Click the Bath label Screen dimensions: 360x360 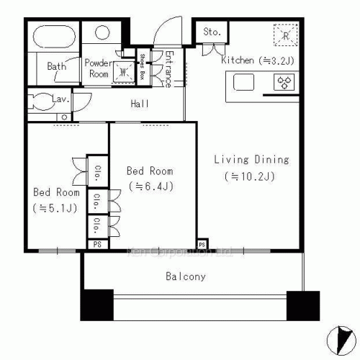tap(57, 67)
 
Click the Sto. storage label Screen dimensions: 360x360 tap(212, 32)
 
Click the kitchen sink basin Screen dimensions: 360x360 tap(242, 83)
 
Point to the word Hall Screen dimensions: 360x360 tap(140, 104)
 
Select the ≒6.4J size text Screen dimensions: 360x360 tap(150, 186)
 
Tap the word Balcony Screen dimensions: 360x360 tap(186, 276)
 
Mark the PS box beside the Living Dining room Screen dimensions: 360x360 tap(202, 244)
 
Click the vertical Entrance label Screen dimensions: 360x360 tap(168, 68)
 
